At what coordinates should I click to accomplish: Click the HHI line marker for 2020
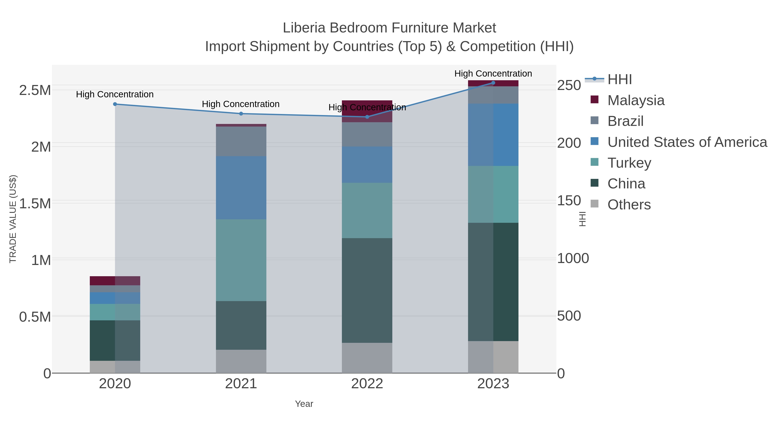coord(115,104)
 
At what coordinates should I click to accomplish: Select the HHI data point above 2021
coord(241,114)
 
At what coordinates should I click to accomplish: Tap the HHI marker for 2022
coord(367,117)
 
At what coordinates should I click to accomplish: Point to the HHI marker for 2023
coord(493,83)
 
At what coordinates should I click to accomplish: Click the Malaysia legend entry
coord(636,100)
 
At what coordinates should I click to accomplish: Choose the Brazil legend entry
coord(625,121)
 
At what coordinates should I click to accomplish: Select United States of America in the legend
coord(687,142)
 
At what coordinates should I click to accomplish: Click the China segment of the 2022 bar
coord(367,290)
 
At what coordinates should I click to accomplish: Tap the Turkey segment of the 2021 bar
coord(241,260)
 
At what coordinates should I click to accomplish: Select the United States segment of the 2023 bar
coord(493,135)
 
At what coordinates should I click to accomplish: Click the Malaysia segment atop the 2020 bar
coord(115,281)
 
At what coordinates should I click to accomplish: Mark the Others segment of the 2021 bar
coord(241,361)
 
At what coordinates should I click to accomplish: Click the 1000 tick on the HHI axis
coord(573,258)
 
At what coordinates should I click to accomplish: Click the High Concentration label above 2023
coord(493,74)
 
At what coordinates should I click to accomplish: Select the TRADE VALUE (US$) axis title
coord(13,219)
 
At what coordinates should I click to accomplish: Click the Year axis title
coord(304,404)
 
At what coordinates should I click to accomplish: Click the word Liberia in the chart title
coord(304,28)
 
